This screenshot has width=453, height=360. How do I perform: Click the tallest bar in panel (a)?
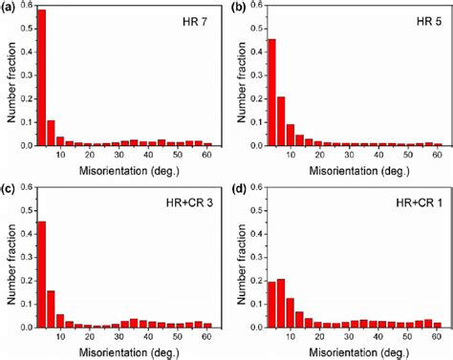point(41,77)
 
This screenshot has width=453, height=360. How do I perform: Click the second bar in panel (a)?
point(51,133)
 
